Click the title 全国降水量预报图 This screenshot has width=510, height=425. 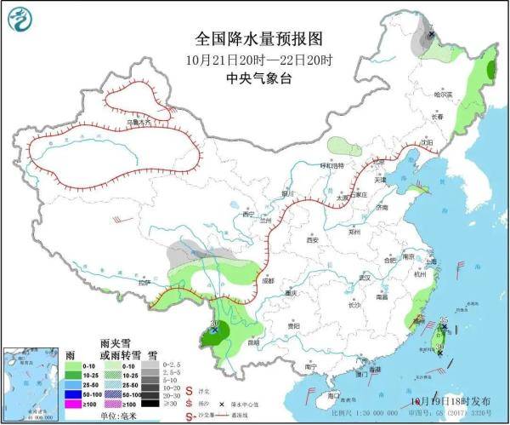(x=255, y=40)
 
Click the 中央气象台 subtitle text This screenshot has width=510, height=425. (x=255, y=78)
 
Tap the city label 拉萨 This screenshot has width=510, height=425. (x=145, y=282)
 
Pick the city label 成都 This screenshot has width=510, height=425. (x=269, y=279)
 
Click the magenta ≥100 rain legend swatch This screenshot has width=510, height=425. (x=76, y=405)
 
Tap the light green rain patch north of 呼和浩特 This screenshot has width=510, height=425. (x=343, y=145)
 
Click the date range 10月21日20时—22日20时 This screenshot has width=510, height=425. (x=255, y=60)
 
